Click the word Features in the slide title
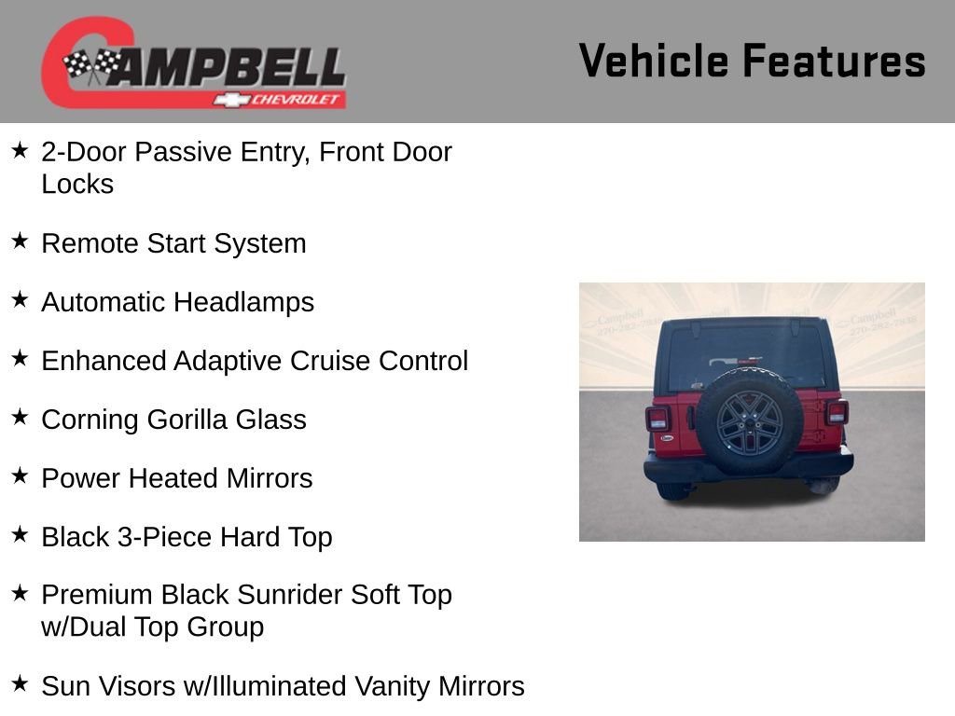tap(834, 62)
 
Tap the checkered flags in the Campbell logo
tap(90, 66)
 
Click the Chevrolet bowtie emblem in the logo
tap(229, 99)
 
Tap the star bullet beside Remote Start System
tap(21, 241)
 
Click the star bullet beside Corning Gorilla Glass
tap(21, 417)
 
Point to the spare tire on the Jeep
tap(748, 421)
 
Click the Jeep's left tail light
tap(657, 418)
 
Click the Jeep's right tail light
tap(836, 412)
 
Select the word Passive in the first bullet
tap(184, 152)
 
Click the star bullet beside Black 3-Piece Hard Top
tap(21, 534)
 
